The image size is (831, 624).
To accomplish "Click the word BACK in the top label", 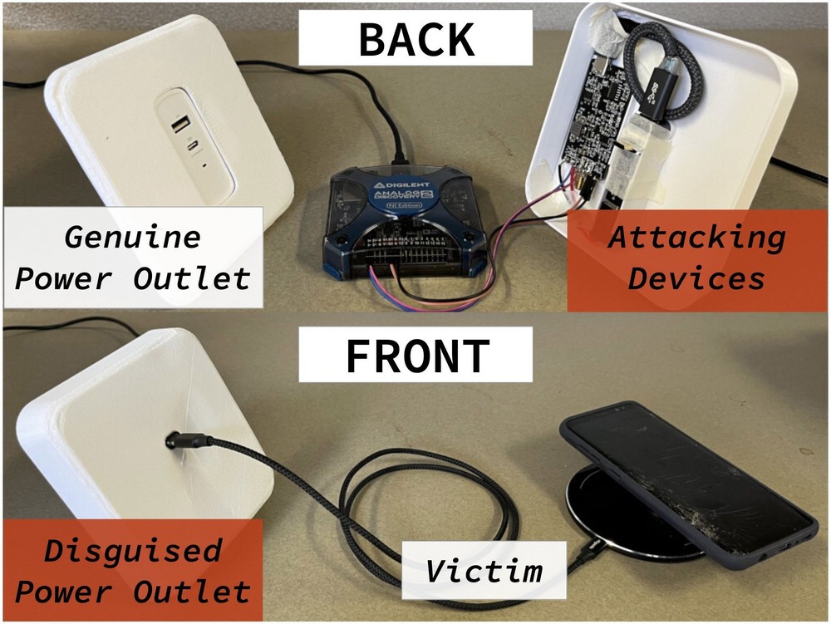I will pyautogui.click(x=415, y=38).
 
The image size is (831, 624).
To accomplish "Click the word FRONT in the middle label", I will pyautogui.click(x=415, y=356).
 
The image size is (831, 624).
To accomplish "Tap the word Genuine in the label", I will pyautogui.click(x=133, y=238).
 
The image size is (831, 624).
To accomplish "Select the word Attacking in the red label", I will pyautogui.click(x=696, y=238).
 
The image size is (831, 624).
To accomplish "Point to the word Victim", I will pyautogui.click(x=484, y=571).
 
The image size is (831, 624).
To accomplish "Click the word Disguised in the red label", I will pyautogui.click(x=133, y=550).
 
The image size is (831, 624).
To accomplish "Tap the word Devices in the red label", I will pyautogui.click(x=696, y=278).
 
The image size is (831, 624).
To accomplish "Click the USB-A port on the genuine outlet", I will pyautogui.click(x=179, y=126).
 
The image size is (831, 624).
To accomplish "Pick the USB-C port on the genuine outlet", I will pyautogui.click(x=194, y=148).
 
